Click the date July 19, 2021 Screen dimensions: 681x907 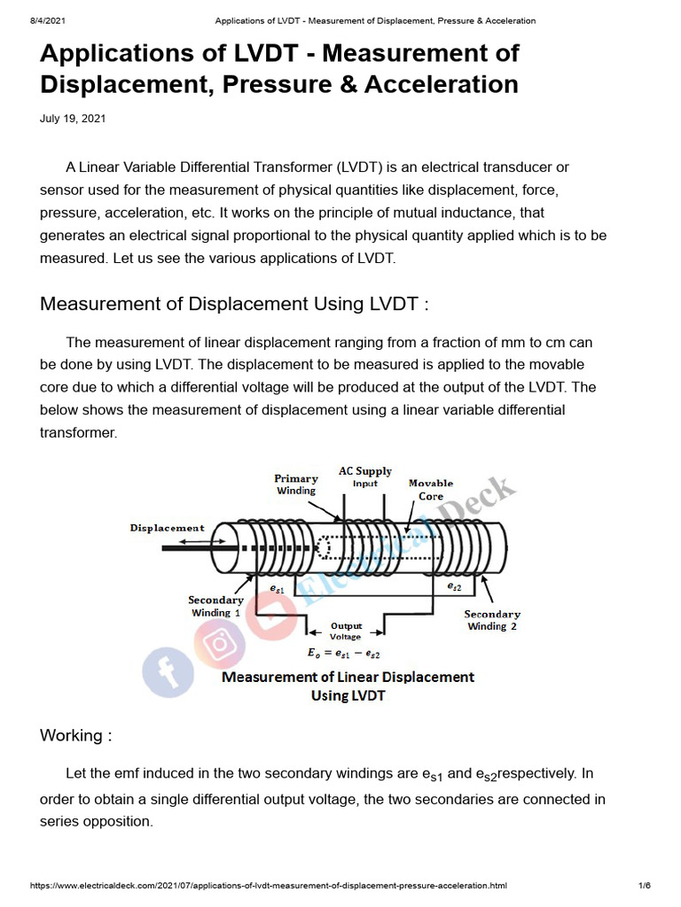tap(73, 119)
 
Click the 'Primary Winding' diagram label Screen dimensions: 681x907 tap(295, 485)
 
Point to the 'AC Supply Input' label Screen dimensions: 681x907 tap(364, 477)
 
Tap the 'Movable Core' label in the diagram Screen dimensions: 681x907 tap(431, 490)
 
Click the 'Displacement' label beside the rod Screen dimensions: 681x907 tap(167, 528)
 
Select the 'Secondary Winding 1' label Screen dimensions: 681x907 tap(215, 606)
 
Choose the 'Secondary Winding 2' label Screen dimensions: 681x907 tap(491, 620)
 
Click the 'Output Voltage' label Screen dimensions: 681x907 tap(346, 632)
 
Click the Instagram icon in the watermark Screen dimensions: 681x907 tap(217, 642)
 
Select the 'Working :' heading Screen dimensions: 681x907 tap(76, 736)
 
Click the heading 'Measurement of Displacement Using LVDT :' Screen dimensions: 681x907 tap(235, 304)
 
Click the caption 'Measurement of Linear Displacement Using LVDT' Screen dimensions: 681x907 tap(347, 686)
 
